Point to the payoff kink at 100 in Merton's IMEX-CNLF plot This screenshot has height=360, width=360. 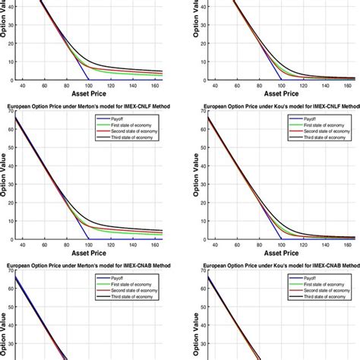[87, 238]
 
